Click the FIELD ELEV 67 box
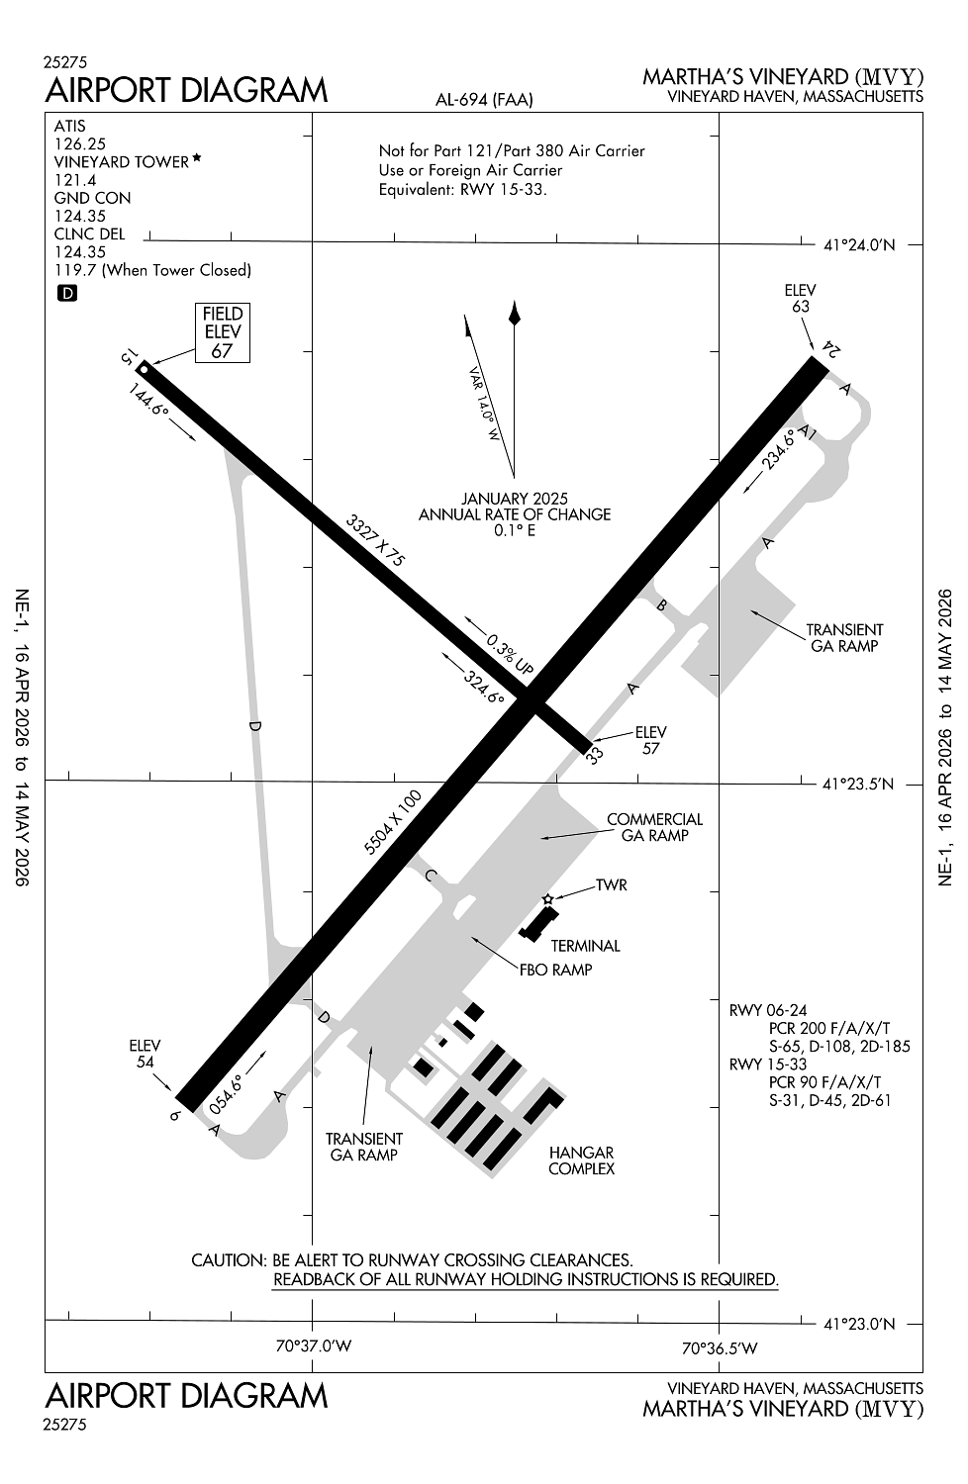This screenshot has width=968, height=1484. pyautogui.click(x=222, y=332)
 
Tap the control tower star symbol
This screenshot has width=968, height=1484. pyautogui.click(x=548, y=899)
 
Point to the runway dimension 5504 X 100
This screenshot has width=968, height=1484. pyautogui.click(x=393, y=822)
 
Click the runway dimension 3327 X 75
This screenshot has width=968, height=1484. pyautogui.click(x=375, y=540)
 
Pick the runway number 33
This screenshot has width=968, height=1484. pyautogui.click(x=594, y=756)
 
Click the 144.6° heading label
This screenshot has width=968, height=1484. pyautogui.click(x=149, y=399)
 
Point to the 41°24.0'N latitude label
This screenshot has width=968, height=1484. pyautogui.click(x=859, y=244)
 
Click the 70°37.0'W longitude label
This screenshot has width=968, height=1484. pyautogui.click(x=314, y=1346)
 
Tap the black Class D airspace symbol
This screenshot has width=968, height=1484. pyautogui.click(x=67, y=293)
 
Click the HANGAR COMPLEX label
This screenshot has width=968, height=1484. pyautogui.click(x=581, y=1160)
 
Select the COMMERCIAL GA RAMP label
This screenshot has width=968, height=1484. pyautogui.click(x=654, y=827)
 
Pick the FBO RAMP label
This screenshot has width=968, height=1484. pyautogui.click(x=555, y=970)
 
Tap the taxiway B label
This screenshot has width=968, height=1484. pyautogui.click(x=662, y=604)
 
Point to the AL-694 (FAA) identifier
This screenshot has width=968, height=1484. pyautogui.click(x=484, y=99)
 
